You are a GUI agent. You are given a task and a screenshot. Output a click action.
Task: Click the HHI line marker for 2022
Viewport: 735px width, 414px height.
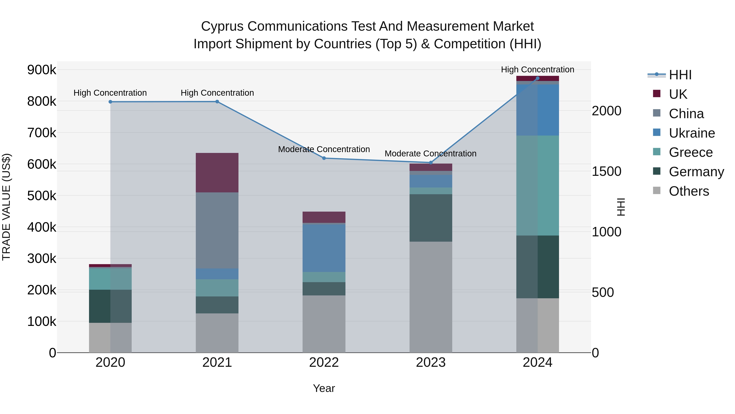(324, 158)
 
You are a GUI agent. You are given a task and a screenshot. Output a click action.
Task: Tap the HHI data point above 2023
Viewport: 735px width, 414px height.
(431, 163)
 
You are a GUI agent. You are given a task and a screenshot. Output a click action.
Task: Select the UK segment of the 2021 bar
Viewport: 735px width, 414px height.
(217, 173)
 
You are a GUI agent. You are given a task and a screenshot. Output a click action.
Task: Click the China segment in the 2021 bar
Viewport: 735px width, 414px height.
(217, 230)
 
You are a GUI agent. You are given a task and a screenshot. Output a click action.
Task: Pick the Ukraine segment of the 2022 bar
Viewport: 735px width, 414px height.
(324, 248)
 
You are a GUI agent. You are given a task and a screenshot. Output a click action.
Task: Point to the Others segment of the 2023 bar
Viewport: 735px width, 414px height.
(431, 297)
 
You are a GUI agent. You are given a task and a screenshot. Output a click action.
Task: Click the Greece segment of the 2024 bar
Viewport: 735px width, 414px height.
(538, 185)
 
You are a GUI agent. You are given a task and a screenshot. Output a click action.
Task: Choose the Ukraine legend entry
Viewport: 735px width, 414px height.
(692, 133)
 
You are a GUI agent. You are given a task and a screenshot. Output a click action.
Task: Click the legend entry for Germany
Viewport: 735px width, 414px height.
(696, 172)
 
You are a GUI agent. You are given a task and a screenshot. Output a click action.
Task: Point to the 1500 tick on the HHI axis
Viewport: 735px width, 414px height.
(606, 172)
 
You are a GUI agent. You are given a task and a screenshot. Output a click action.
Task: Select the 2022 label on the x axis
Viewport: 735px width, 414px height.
(324, 362)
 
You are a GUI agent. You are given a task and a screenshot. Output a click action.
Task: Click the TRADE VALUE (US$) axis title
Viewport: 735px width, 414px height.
(6, 207)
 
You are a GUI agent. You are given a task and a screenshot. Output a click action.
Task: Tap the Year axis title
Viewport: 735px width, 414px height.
(324, 388)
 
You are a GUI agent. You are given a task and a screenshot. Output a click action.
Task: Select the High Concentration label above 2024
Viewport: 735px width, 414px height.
(538, 70)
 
